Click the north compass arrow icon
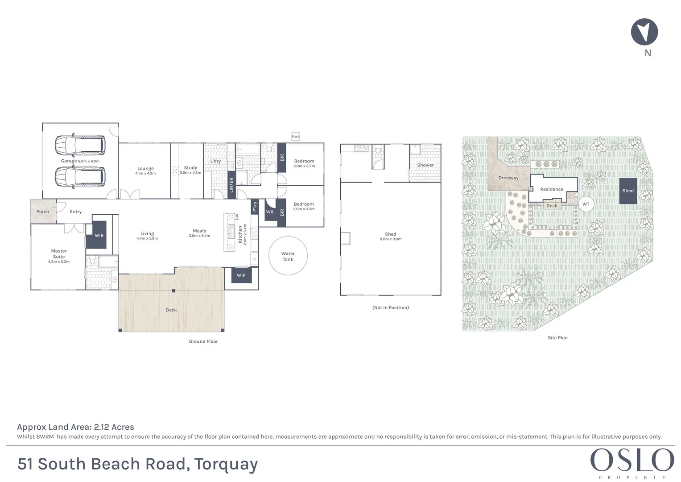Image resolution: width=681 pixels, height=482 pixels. point(644,32)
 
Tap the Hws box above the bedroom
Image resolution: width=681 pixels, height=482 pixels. point(296,136)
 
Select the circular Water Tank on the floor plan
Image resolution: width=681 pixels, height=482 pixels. point(288,256)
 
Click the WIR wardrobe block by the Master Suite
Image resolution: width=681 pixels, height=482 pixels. point(99,235)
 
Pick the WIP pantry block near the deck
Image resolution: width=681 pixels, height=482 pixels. point(241,275)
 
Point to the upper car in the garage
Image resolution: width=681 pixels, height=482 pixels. point(80,144)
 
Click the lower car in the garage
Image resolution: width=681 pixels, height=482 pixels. point(80,177)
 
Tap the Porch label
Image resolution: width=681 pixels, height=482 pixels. point(43,212)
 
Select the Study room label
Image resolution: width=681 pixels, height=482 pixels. point(190,168)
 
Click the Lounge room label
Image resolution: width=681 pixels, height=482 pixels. point(145,169)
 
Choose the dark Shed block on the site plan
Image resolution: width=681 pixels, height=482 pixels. point(628,191)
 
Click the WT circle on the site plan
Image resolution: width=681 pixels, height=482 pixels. point(586,204)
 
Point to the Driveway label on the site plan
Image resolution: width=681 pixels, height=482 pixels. point(508,178)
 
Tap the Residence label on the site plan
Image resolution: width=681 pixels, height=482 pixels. point(552,189)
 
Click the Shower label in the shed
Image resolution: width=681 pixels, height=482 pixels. point(425,165)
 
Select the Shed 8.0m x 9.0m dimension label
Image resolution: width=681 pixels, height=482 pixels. point(391,239)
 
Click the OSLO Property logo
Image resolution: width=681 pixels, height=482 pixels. point(632,462)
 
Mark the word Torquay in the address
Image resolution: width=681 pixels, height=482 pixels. point(226,464)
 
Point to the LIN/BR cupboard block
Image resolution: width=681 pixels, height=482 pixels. point(231,185)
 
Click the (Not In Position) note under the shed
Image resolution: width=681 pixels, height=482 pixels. point(391,307)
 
